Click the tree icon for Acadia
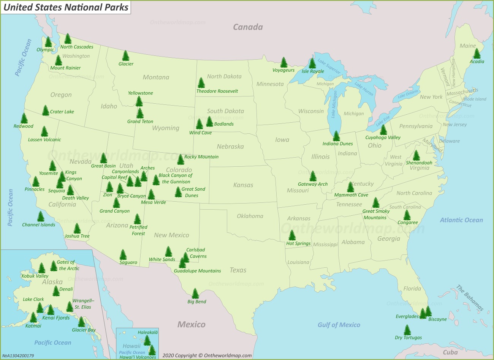pyautogui.click(x=477, y=54)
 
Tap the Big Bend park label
pyautogui.click(x=197, y=302)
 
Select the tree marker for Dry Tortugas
pyautogui.click(x=407, y=330)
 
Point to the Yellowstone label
pyautogui.click(x=141, y=93)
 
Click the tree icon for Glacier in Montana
pyautogui.click(x=126, y=56)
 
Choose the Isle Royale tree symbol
pyautogui.click(x=312, y=63)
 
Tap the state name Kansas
pyautogui.click(x=243, y=185)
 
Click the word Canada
pyautogui.click(x=248, y=27)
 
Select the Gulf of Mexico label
pyautogui.click(x=339, y=325)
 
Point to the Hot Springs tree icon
pyautogui.click(x=292, y=235)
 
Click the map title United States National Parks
pyautogui.click(x=66, y=7)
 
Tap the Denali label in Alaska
pyautogui.click(x=66, y=289)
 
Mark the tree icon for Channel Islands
pyautogui.click(x=41, y=216)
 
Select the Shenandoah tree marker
pyautogui.click(x=416, y=155)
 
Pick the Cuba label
pyautogui.click(x=450, y=352)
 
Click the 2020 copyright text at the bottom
pyautogui.click(x=207, y=355)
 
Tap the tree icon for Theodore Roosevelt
pyautogui.click(x=201, y=83)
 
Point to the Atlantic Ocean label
pyautogui.click(x=461, y=220)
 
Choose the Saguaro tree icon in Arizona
pyautogui.click(x=123, y=254)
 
